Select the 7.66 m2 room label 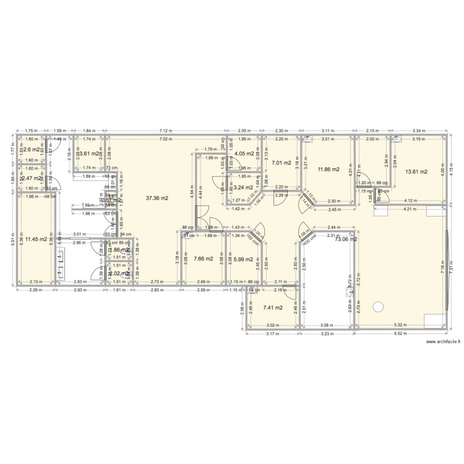pyautogui.click(x=203, y=259)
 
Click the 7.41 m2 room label pyautogui.click(x=272, y=307)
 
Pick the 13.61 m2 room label pyautogui.click(x=416, y=171)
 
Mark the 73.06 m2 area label pyautogui.click(x=346, y=240)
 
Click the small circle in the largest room pyautogui.click(x=378, y=304)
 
